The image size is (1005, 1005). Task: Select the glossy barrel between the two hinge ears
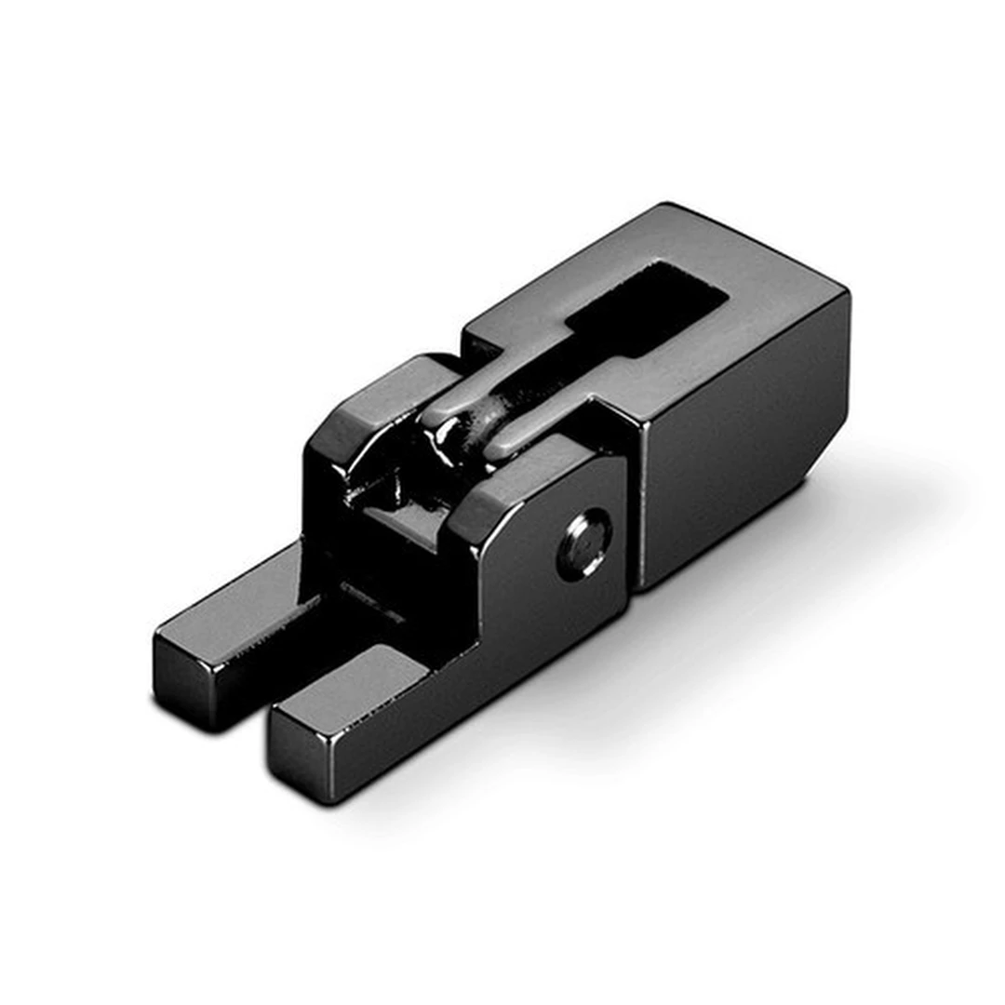[x=461, y=437]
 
